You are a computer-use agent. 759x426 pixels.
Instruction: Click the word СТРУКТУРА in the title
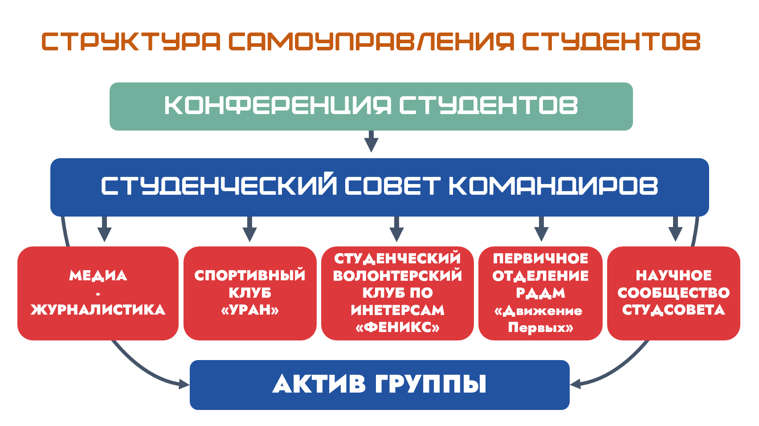point(131,42)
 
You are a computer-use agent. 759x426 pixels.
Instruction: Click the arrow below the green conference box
point(371,141)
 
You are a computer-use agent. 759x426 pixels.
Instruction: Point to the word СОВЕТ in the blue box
point(392,186)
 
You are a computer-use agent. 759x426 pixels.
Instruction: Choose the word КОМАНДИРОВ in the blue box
point(553,186)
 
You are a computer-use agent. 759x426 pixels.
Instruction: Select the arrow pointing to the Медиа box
point(104,229)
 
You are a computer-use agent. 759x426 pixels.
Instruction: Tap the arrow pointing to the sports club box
point(250,229)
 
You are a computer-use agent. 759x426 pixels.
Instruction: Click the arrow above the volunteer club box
point(396,229)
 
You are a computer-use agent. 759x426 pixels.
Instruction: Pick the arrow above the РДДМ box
point(541,229)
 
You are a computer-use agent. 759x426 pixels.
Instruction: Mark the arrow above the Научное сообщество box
point(675,229)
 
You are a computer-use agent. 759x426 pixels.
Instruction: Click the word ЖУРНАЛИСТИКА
point(98,310)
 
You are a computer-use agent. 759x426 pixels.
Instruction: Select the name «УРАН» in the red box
point(250,310)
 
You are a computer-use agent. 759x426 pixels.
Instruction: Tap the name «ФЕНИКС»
point(397,328)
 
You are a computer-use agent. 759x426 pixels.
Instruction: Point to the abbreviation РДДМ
point(540,293)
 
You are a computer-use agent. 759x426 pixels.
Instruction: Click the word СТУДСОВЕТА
point(673,310)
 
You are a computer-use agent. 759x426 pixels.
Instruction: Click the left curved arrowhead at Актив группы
point(184,384)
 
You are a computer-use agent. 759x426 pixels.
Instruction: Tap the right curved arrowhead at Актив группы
point(575,384)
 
